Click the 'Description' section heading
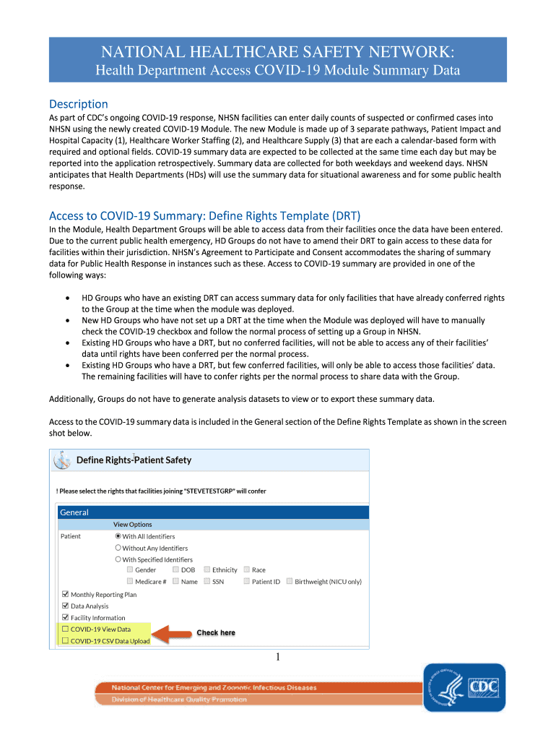[78, 104]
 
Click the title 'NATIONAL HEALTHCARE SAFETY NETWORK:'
[278, 52]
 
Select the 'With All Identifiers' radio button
[118, 536]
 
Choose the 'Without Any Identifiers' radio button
[118, 548]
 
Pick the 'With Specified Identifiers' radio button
[118, 559]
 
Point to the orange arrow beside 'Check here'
[171, 634]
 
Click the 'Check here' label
[216, 633]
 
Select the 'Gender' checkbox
[129, 570]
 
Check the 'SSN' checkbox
[207, 581]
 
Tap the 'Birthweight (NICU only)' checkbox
[290, 581]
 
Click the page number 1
[277, 657]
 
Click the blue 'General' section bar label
[74, 512]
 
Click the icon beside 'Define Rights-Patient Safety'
[63, 460]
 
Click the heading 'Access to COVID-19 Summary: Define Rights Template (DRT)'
[204, 216]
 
